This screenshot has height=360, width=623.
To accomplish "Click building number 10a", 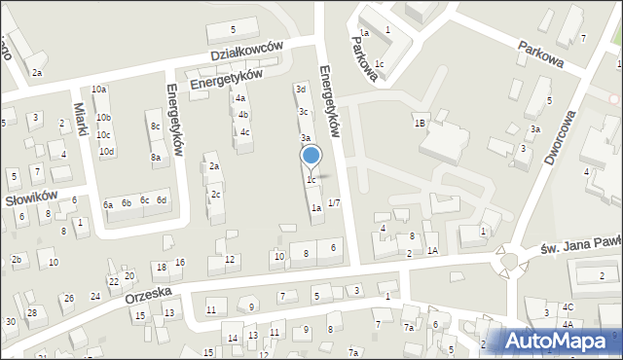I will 99,90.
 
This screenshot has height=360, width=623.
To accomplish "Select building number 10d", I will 106,151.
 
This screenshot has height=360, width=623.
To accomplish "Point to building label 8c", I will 155,126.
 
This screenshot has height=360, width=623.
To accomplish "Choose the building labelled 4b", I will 242,115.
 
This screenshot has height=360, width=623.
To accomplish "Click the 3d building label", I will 302,90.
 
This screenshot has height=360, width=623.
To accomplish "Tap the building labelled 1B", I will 420,124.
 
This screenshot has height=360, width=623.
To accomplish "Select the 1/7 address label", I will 334,202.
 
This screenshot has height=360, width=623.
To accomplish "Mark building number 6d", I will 162,200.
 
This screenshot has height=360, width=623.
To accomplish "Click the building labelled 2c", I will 215,194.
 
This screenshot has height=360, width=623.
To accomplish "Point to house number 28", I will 31,312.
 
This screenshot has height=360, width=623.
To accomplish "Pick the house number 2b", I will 16,259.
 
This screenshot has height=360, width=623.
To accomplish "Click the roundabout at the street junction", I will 507,261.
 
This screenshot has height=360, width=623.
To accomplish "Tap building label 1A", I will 432,251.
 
